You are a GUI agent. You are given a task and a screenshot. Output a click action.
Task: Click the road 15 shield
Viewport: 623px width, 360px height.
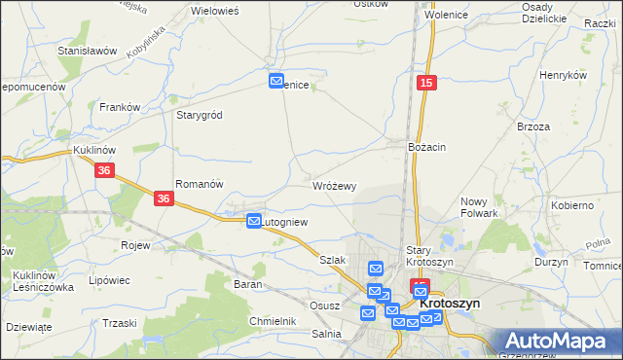[x=426, y=86]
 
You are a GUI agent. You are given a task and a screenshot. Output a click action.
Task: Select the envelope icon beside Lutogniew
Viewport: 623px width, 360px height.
[x=254, y=222]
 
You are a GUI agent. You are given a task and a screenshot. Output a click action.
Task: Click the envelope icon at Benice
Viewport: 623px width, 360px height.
[x=276, y=82]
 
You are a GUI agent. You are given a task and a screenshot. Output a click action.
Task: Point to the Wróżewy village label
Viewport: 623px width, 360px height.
[x=335, y=185]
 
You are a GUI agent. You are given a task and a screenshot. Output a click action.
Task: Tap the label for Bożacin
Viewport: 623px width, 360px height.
[x=427, y=147]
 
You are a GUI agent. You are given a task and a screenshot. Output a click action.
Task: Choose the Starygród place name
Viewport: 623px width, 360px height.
[x=200, y=115]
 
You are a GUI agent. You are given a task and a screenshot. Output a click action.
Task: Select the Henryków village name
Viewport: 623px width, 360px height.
[x=564, y=75]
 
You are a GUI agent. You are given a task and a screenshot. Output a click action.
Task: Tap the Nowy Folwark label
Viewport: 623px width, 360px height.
[x=479, y=207]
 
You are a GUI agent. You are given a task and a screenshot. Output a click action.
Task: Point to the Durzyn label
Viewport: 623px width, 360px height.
[x=551, y=263]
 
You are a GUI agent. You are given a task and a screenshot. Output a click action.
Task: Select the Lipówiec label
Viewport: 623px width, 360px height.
[x=109, y=280]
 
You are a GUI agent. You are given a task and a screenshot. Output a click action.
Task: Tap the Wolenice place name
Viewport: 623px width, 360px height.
[x=444, y=16]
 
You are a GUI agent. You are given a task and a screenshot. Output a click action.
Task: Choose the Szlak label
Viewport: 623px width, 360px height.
[x=333, y=261]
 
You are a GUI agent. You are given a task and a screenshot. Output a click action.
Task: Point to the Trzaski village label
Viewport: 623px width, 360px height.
[x=119, y=323]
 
